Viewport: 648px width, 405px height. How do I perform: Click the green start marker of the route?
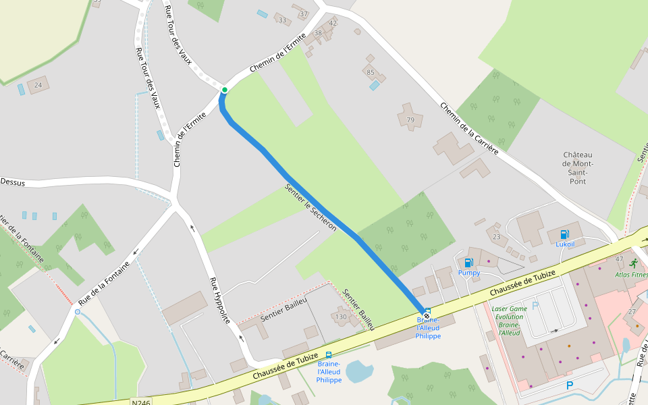(x=225, y=90)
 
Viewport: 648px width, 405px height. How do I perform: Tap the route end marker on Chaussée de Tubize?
(x=427, y=315)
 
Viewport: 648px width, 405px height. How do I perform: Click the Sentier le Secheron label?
(x=310, y=207)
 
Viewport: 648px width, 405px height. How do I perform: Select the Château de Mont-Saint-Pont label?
(x=577, y=168)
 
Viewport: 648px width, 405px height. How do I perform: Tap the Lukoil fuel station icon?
(x=564, y=234)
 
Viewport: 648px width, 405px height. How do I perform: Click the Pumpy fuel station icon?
(x=468, y=263)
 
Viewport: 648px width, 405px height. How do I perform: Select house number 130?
(x=341, y=317)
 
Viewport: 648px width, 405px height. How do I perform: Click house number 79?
(x=410, y=120)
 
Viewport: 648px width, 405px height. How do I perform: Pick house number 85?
(x=370, y=72)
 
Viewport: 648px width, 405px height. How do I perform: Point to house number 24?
(x=38, y=85)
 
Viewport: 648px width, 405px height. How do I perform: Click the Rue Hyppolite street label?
(x=220, y=300)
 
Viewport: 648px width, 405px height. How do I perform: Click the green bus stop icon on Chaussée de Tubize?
(x=329, y=355)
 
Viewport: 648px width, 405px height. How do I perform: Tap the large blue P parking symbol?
(x=569, y=385)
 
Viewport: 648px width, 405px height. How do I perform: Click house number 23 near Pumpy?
(x=497, y=237)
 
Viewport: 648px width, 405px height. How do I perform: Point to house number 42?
(x=332, y=23)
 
